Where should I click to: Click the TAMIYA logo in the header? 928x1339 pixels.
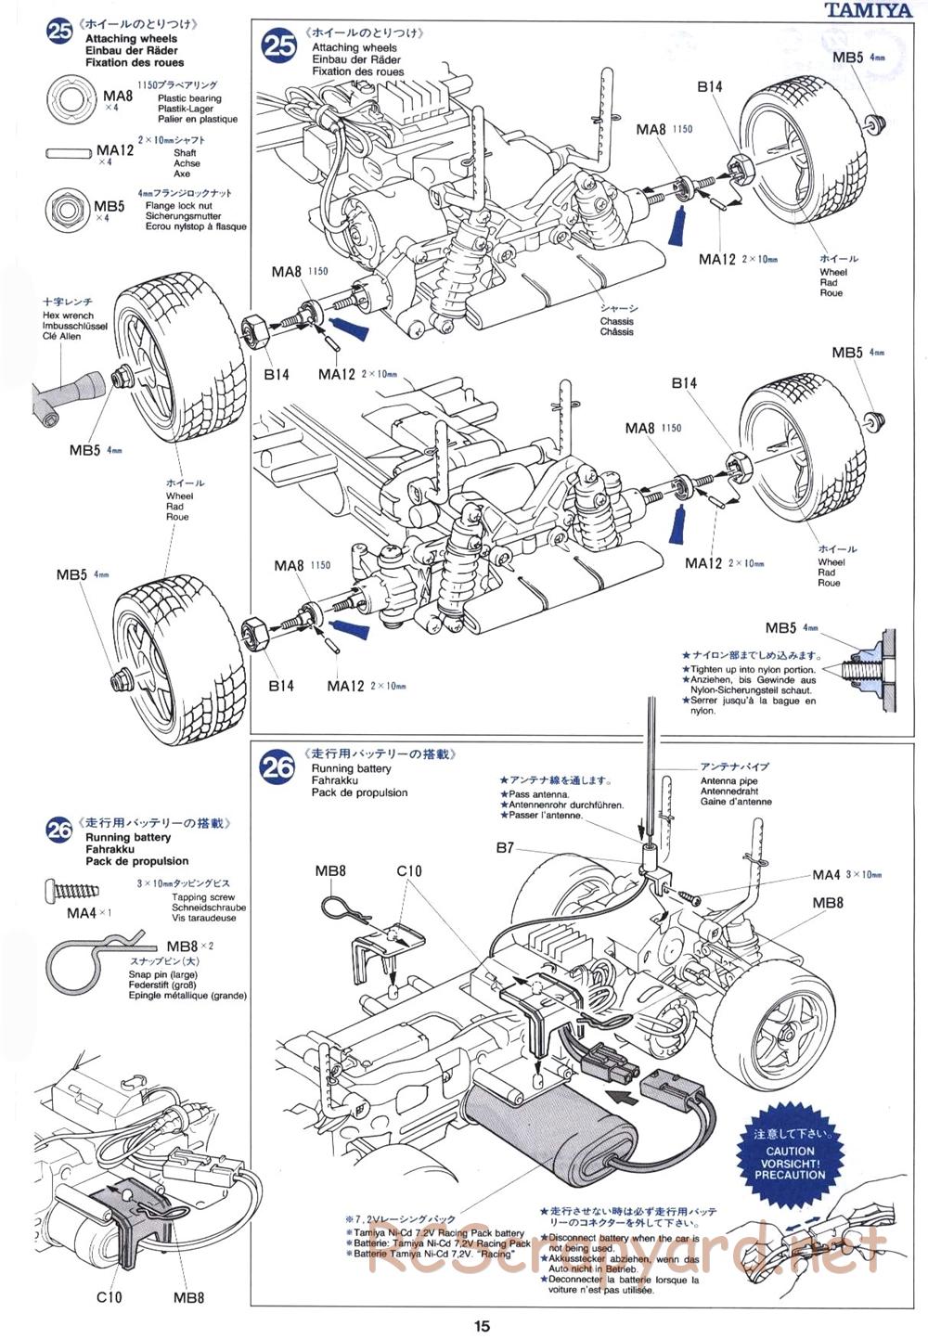point(871,11)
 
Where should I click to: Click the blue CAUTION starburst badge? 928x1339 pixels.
point(789,1155)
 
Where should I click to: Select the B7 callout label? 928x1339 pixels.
point(505,847)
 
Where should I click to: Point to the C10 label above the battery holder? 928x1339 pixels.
point(408,870)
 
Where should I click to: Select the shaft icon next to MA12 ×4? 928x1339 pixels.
point(71,151)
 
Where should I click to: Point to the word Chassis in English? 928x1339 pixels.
point(616,321)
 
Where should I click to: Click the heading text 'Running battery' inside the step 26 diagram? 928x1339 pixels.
point(351,768)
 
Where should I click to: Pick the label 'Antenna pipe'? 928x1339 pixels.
point(729,781)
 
